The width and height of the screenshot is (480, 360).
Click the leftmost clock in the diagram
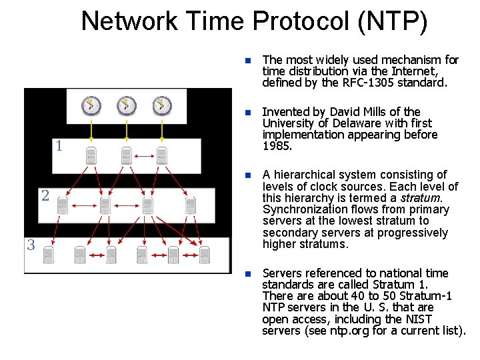(x=91, y=105)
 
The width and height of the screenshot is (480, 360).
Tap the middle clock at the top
(x=127, y=105)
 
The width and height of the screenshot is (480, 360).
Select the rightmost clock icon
(x=162, y=105)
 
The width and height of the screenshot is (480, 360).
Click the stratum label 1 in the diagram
(x=59, y=146)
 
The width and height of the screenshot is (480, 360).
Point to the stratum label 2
(x=45, y=195)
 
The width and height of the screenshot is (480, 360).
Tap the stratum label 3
(x=31, y=245)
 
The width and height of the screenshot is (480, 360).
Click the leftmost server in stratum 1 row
(x=91, y=156)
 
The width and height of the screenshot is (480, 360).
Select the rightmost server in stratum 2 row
(x=191, y=205)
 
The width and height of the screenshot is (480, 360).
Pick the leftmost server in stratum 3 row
(x=48, y=255)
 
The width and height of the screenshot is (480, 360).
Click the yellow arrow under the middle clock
(x=127, y=130)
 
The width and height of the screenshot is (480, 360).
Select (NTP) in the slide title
(x=393, y=21)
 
